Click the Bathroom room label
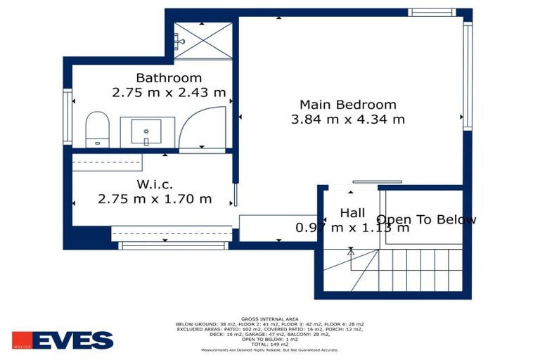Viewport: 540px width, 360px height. (169, 78)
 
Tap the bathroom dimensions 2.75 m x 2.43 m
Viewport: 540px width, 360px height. (169, 92)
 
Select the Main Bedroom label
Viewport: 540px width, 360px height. (347, 105)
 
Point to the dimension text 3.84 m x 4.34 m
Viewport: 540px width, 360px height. (347, 119)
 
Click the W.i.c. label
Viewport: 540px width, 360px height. (155, 185)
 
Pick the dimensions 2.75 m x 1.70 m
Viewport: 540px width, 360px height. (155, 199)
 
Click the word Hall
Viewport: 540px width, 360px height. (352, 213)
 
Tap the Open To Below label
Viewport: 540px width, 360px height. (426, 219)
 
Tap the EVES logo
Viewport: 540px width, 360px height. (62, 340)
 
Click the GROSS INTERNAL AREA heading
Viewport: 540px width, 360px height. (269, 318)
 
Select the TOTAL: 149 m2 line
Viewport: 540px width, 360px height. (269, 344)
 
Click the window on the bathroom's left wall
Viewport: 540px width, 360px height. (67, 117)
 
